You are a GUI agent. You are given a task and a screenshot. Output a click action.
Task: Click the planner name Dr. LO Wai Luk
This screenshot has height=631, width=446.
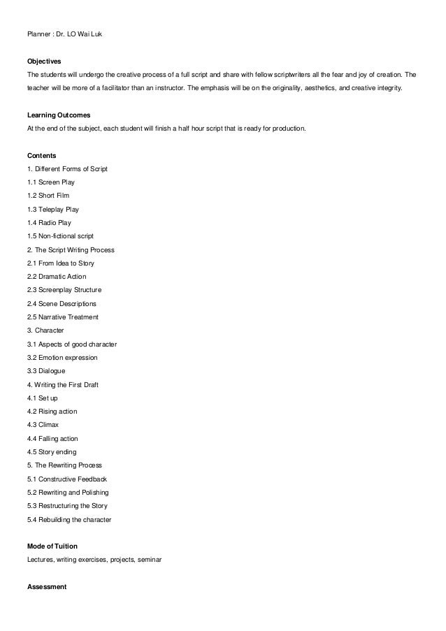[x=79, y=33]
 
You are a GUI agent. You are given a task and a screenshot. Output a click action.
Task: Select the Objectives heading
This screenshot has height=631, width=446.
[x=44, y=60]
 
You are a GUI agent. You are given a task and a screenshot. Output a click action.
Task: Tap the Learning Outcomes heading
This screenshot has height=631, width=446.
[x=59, y=114]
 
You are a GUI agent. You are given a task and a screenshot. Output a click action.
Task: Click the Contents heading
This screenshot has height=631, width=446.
[x=41, y=154]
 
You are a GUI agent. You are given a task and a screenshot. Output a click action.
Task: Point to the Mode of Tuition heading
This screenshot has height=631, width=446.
[x=52, y=546]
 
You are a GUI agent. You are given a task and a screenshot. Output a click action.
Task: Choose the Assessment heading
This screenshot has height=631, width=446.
[x=46, y=587]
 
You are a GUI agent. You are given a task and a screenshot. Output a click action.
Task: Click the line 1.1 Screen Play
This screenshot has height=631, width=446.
[x=51, y=182]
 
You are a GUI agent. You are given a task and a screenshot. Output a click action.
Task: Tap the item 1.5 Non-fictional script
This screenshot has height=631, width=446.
[x=60, y=235]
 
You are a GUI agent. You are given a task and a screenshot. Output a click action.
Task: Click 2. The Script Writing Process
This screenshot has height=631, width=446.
[x=71, y=249]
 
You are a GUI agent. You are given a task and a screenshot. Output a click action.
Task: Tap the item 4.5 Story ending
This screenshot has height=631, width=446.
[x=52, y=451]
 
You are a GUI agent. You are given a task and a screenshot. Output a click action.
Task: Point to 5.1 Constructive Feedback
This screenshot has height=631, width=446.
[x=67, y=479]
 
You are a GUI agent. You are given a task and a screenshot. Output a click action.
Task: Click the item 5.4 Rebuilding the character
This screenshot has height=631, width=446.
[x=69, y=519]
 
